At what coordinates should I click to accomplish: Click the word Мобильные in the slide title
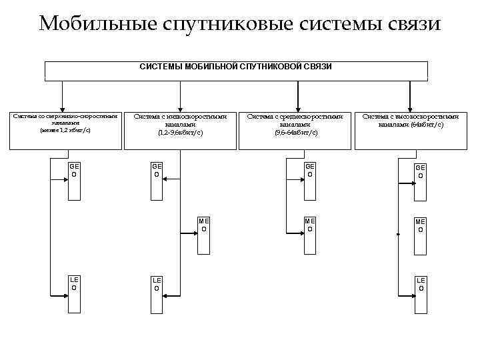click(97, 24)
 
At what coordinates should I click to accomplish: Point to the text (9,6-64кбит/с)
click(295, 133)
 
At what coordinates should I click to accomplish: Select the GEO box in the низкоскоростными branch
click(157, 180)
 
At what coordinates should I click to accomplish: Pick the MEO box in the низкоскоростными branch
click(204, 235)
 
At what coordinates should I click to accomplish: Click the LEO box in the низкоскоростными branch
click(157, 293)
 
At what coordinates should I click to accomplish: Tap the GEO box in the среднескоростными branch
click(309, 180)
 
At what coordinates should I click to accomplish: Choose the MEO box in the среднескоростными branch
click(309, 235)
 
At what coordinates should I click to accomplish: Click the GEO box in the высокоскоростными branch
click(420, 180)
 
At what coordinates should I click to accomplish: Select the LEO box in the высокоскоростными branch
click(420, 293)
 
